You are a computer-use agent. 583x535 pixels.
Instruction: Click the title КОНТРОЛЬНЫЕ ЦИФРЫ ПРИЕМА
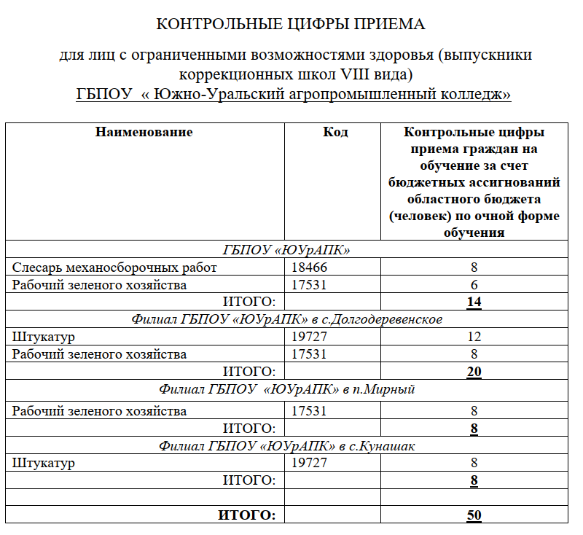tap(290, 25)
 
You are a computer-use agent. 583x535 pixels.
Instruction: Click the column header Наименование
tap(144, 132)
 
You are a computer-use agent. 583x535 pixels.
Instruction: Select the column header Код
tap(335, 132)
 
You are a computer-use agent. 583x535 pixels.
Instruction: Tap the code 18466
tap(309, 267)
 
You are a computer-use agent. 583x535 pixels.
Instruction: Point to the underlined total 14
tap(474, 302)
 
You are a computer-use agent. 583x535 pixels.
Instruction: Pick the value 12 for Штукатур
tap(474, 337)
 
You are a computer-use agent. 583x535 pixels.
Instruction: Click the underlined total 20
tap(474, 372)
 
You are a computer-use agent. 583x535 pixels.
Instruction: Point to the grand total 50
tap(474, 515)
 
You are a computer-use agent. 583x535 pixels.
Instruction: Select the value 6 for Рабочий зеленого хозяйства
tap(474, 285)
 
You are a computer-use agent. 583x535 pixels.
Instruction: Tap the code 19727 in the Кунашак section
tap(309, 463)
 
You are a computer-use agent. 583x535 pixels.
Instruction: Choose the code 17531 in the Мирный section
tap(309, 411)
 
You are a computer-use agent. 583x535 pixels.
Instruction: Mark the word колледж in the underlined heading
tap(477, 95)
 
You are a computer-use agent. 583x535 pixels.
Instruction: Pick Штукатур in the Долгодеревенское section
tap(44, 337)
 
